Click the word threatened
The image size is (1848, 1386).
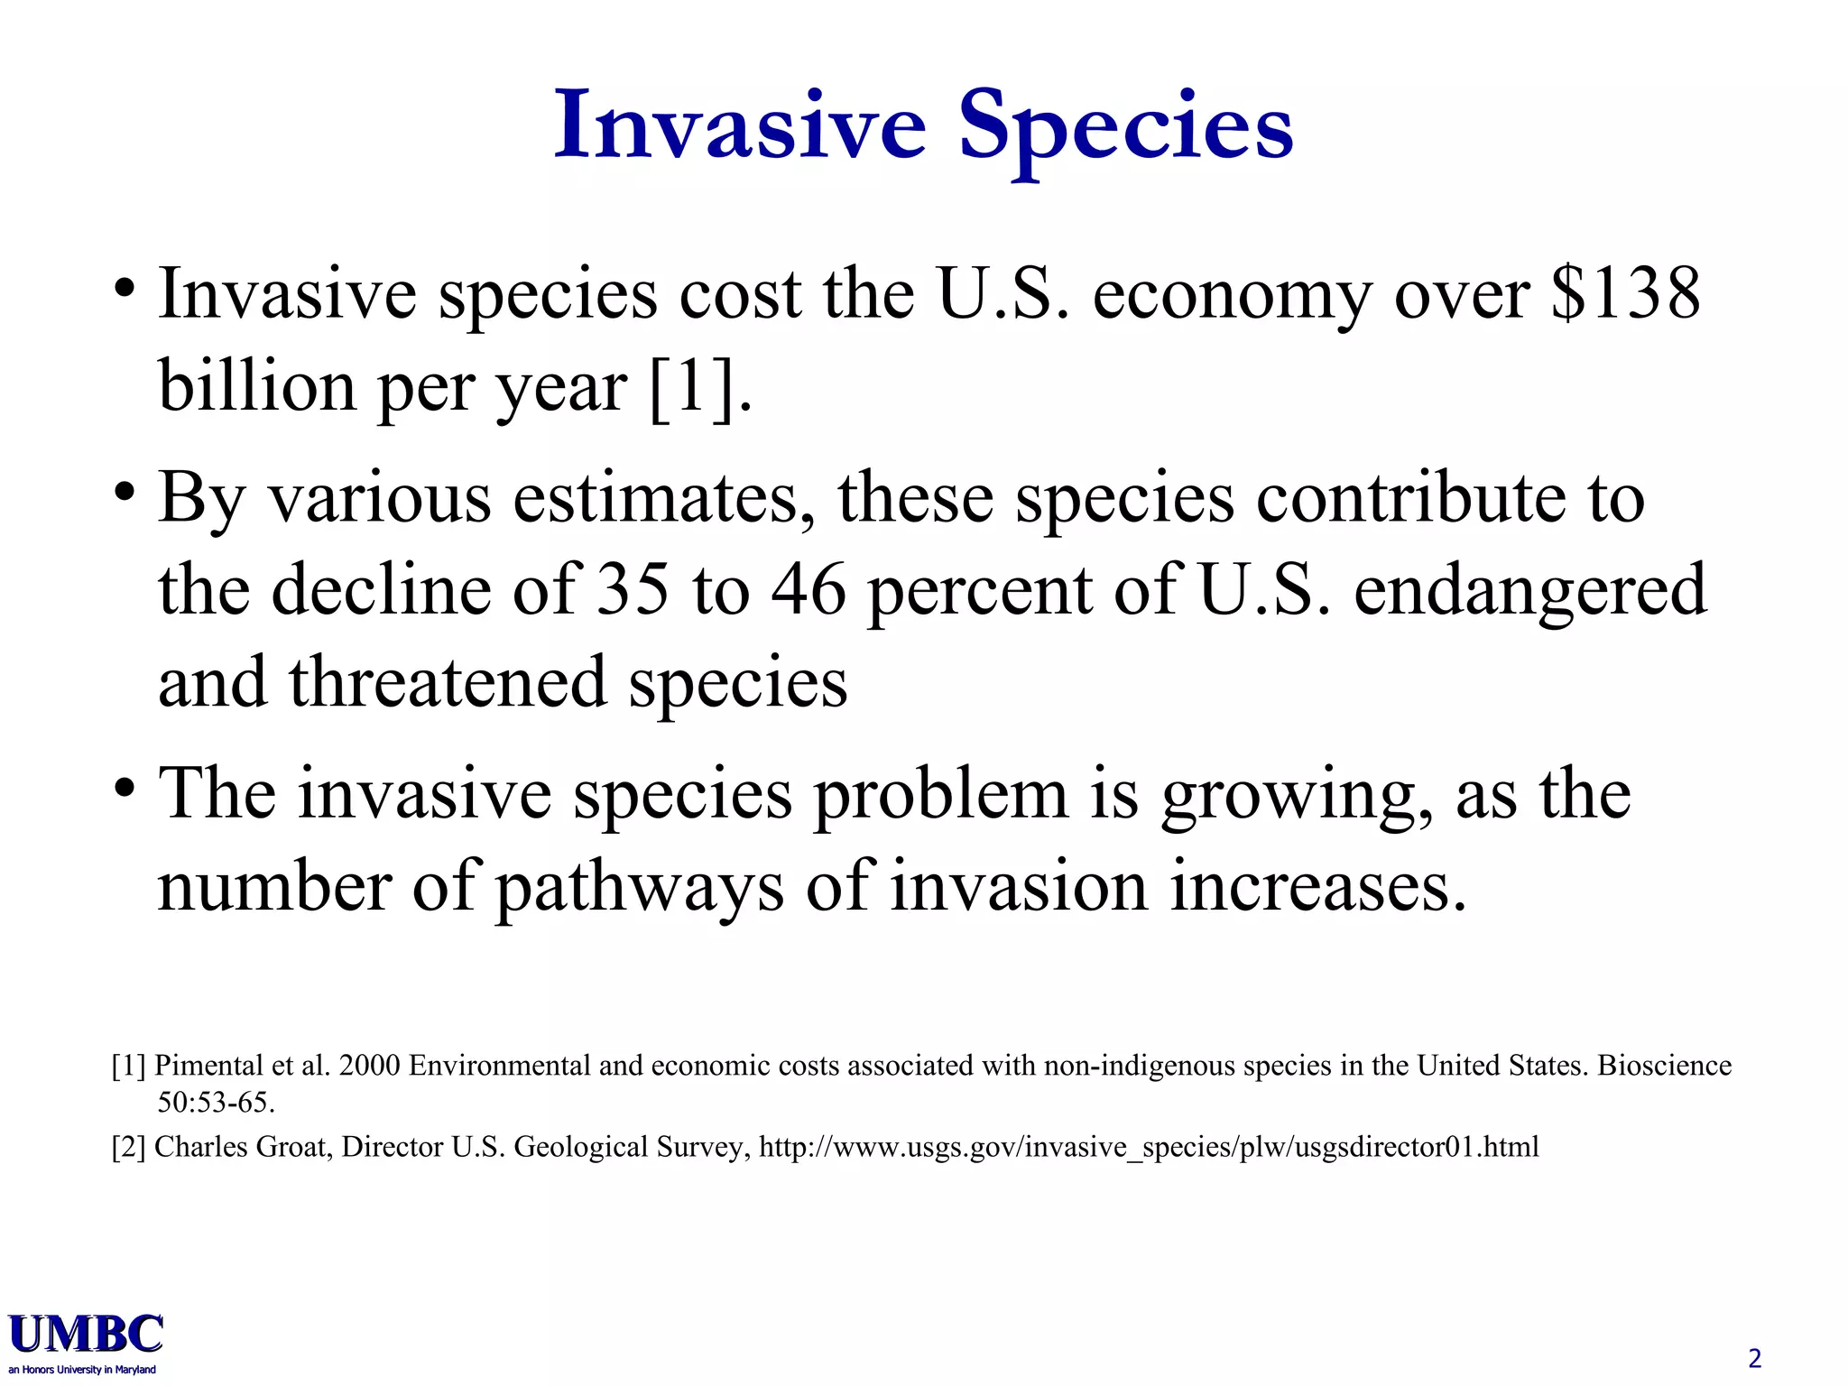[x=447, y=683]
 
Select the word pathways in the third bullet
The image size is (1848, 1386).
[x=640, y=888]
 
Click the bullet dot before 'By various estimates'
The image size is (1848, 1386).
[x=125, y=494]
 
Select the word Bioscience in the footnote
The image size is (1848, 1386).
[x=1664, y=1066]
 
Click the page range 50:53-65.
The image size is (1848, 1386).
[x=216, y=1103]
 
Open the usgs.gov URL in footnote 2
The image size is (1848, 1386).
[x=1149, y=1147]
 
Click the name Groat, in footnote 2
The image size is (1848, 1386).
[x=295, y=1147]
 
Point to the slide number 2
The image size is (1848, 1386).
[x=1754, y=1358]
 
